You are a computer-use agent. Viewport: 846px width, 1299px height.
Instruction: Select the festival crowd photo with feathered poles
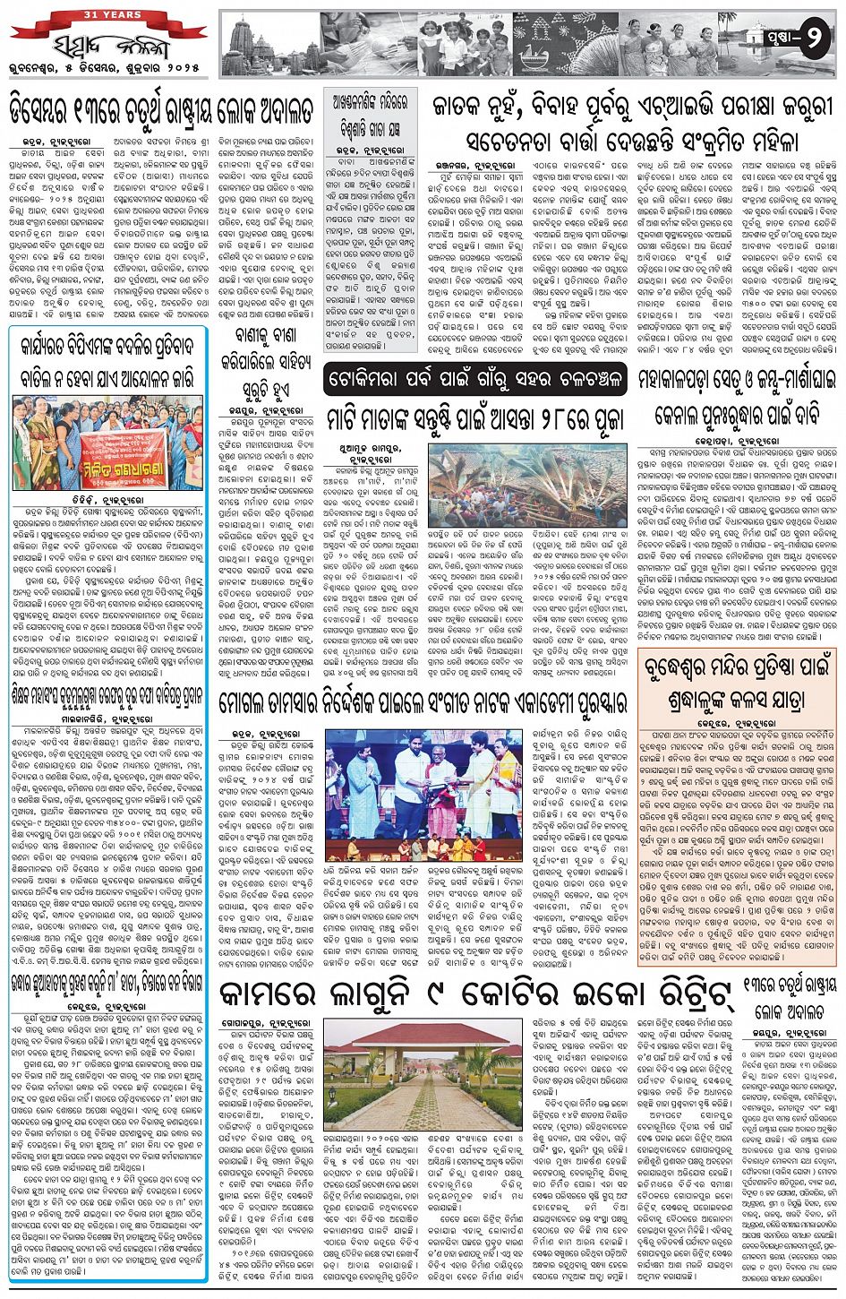tap(528, 488)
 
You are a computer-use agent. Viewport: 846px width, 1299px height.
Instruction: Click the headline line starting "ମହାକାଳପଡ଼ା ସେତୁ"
tap(735, 380)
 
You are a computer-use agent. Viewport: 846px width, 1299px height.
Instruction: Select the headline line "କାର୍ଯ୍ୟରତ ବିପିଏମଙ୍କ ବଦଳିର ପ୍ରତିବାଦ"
tap(108, 344)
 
